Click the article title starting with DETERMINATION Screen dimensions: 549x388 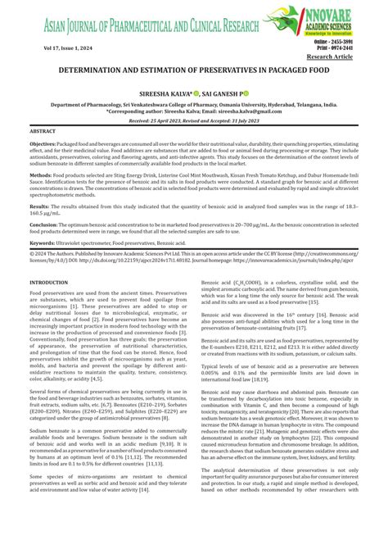tap(193, 72)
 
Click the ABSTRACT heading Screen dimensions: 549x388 tap(43, 131)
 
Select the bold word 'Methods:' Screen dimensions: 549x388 tap(40, 175)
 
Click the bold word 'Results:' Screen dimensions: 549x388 tap(39, 207)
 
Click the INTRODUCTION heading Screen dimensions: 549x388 tap(49, 282)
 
